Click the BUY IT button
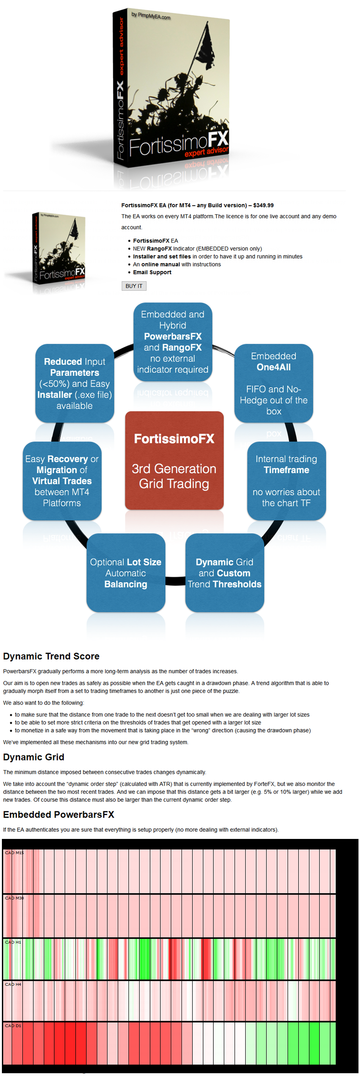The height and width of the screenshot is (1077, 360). [134, 286]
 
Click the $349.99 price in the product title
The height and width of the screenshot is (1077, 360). [263, 205]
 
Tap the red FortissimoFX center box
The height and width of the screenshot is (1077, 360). [174, 460]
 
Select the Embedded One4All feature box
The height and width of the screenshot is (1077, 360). [274, 383]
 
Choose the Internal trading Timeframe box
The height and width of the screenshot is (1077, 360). [286, 481]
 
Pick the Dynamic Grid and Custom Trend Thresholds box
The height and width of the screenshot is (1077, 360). [225, 573]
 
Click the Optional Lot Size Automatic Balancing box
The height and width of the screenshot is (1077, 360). [126, 573]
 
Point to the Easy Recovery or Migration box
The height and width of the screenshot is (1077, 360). [62, 481]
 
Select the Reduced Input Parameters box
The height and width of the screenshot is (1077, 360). [74, 383]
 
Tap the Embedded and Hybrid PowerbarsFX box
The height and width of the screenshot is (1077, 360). [173, 342]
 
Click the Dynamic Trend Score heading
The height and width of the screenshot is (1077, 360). [51, 656]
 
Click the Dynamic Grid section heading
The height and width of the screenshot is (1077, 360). [33, 757]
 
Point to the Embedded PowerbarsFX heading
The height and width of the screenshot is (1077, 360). [58, 814]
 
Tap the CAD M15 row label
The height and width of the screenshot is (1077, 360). [14, 853]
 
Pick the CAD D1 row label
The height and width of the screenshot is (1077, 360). [13, 1025]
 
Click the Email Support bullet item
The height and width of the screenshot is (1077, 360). [152, 272]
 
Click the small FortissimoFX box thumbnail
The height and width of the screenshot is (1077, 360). [58, 252]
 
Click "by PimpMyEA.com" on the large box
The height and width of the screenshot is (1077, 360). [151, 16]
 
